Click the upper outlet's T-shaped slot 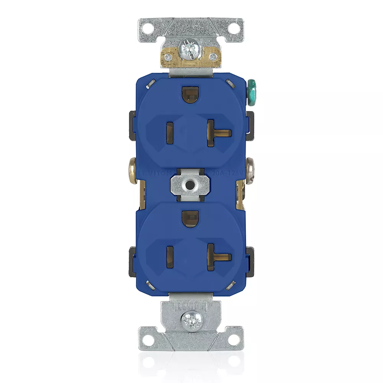(215, 133)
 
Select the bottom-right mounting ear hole (233, 337)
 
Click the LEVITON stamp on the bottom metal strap (190, 306)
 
